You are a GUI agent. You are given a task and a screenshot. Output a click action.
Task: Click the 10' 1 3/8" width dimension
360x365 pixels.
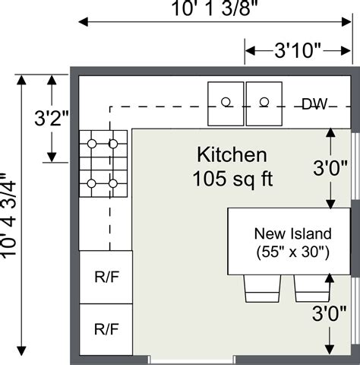coord(214,9)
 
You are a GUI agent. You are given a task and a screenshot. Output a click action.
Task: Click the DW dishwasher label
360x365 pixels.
coord(314,104)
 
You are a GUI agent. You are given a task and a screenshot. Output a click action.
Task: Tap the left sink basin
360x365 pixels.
coord(226,103)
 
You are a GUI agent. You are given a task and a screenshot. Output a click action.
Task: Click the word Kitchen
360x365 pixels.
coord(232,156)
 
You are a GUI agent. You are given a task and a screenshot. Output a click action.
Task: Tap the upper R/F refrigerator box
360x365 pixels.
coord(106,277)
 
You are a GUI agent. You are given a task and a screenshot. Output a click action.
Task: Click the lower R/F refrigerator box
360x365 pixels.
coord(106,329)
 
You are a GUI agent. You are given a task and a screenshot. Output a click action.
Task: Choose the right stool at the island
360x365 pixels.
coord(311,287)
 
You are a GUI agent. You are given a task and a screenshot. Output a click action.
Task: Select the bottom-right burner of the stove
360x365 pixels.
coord(112,182)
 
